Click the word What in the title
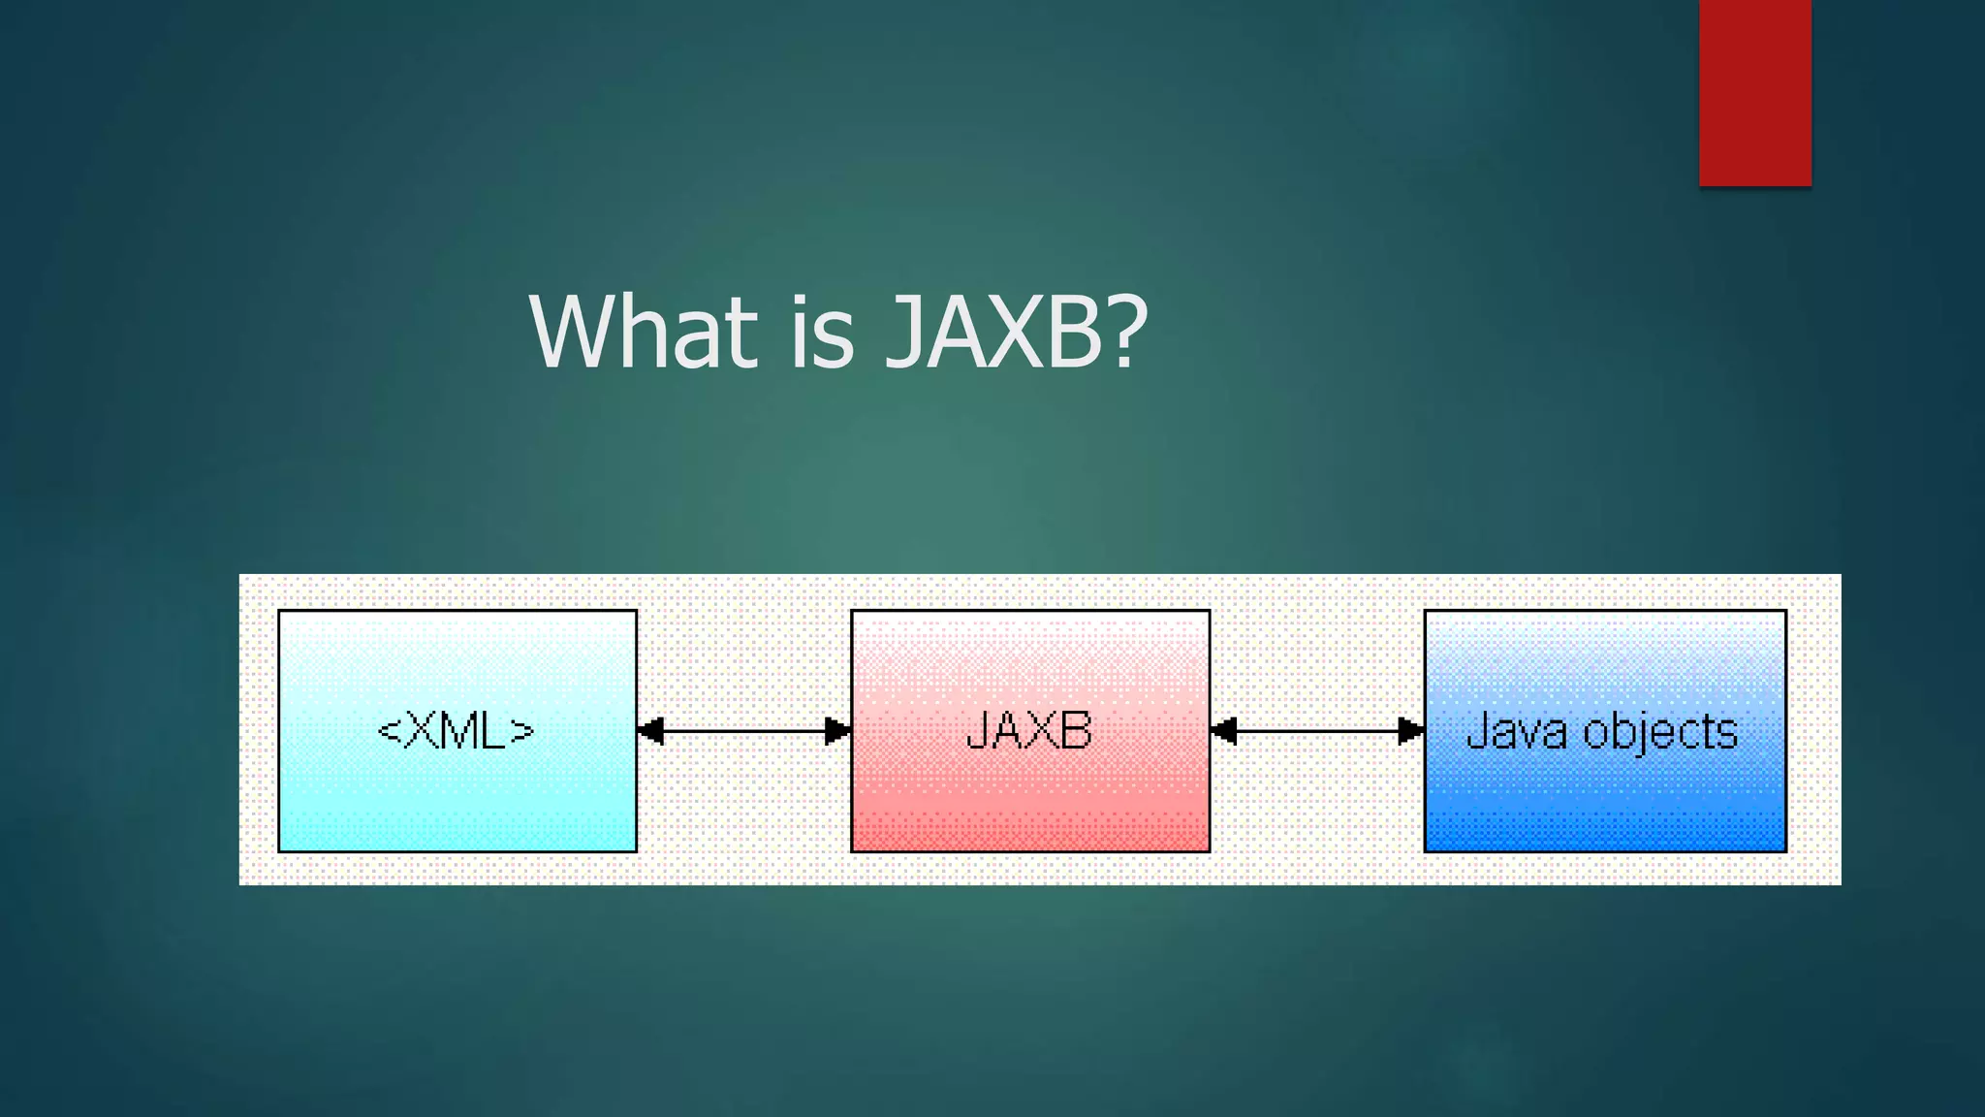[x=643, y=332]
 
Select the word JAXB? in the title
[x=1016, y=332]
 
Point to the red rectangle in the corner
[x=1754, y=92]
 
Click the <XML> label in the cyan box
[x=456, y=731]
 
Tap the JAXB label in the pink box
[x=1029, y=731]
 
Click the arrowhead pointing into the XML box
[x=651, y=731]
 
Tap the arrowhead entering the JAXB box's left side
[x=836, y=731]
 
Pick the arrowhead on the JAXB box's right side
[x=1224, y=731]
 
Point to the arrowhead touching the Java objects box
[x=1410, y=731]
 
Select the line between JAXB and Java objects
[x=1317, y=731]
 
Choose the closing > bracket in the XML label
[x=521, y=731]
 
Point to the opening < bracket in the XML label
[x=389, y=731]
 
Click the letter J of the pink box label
[x=977, y=731]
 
